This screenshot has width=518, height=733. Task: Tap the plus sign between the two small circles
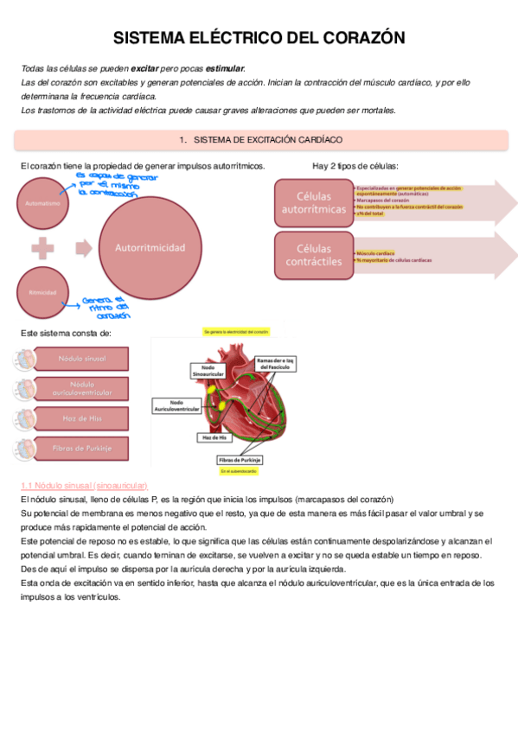click(x=40, y=248)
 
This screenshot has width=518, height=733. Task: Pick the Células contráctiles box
click(x=313, y=255)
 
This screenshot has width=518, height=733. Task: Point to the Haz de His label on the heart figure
click(x=214, y=437)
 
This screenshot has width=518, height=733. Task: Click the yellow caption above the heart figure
click(x=235, y=332)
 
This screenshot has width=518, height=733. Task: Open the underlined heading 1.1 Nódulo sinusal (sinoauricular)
click(x=83, y=486)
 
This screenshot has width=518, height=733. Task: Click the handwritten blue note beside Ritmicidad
click(x=105, y=307)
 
